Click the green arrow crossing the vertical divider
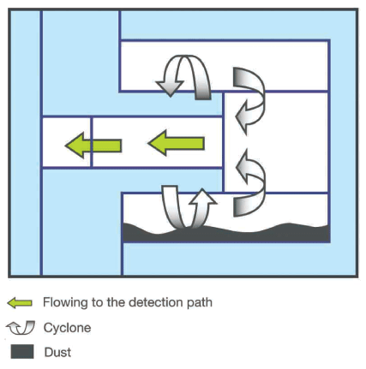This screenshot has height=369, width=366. [x=93, y=146]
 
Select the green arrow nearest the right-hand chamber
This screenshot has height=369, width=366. [x=177, y=143]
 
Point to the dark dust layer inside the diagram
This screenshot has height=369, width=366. [x=225, y=234]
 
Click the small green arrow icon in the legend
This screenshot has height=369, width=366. [x=20, y=302]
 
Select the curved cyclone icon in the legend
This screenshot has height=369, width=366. [x=21, y=328]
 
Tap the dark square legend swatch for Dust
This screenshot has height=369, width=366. [x=22, y=351]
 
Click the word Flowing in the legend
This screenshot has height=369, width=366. [x=65, y=302]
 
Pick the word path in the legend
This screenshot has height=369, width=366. [x=200, y=302]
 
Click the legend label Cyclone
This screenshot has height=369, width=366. [x=67, y=328]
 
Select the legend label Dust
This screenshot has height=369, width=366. [x=57, y=352]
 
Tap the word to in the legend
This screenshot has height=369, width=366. [x=98, y=302]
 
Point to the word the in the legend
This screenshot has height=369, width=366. [x=115, y=302]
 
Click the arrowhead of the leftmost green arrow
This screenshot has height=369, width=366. [x=75, y=146]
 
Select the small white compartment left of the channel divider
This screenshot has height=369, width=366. [x=66, y=142]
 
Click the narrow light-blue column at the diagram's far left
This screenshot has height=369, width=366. [x=26, y=143]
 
